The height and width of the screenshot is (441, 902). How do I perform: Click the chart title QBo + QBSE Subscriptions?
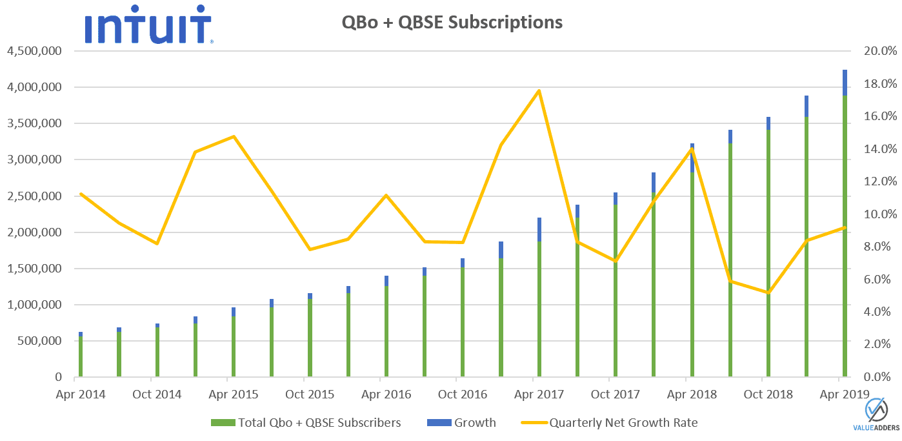[x=452, y=23]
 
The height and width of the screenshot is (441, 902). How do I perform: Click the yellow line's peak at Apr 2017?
[x=539, y=90]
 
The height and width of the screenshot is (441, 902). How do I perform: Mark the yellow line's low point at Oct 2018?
[x=768, y=292]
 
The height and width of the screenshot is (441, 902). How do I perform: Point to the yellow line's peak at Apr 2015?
[x=234, y=136]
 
